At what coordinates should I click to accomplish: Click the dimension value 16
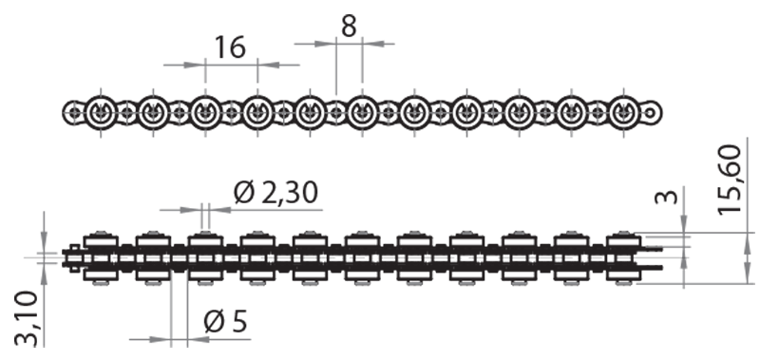tap(229, 47)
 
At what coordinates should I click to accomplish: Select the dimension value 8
tap(349, 26)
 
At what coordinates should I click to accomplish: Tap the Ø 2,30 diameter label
tap(275, 194)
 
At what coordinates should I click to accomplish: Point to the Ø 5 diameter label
tap(225, 323)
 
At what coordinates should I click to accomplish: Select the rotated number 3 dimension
tap(669, 199)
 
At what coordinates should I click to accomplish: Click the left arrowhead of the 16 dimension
tap(199, 65)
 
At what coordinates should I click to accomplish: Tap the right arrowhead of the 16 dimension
tap(264, 65)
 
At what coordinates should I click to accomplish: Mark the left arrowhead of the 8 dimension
tap(330, 43)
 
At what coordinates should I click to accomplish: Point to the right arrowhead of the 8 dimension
tap(369, 43)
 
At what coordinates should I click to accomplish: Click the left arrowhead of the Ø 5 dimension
tap(164, 338)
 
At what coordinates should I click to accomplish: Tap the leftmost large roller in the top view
tap(101, 113)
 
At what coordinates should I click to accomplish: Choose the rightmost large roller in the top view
tap(621, 113)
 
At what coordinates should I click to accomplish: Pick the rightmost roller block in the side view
tap(622, 256)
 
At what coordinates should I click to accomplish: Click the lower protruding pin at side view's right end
tap(653, 269)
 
